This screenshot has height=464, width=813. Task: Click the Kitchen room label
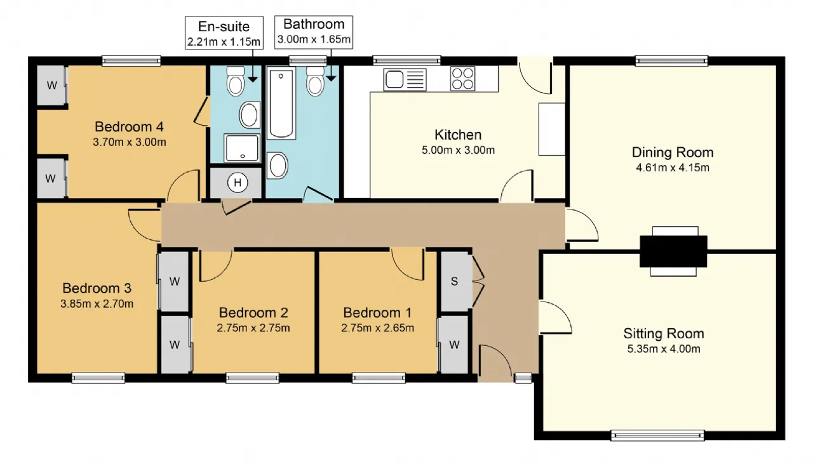[x=458, y=135]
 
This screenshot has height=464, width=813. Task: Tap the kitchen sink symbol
[x=405, y=79]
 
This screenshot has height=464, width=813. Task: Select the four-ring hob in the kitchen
[x=462, y=78]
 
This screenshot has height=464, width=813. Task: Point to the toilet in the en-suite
[x=236, y=81]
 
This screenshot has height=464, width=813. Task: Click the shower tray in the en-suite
[x=242, y=148]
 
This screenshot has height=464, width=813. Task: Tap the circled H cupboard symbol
[x=238, y=182]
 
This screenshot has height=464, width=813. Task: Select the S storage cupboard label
[x=454, y=281]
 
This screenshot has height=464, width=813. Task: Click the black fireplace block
[x=673, y=251]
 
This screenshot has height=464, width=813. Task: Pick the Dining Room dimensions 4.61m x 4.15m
[x=673, y=168]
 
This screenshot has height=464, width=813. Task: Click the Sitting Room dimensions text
[x=664, y=349]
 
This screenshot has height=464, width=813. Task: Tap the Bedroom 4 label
[x=129, y=127]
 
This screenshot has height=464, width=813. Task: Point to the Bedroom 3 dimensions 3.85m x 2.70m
[x=97, y=303]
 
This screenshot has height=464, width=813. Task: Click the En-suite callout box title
[x=224, y=27]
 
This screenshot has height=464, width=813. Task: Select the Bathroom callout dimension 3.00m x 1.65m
[x=314, y=39]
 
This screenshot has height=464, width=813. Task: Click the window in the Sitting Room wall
[x=657, y=435]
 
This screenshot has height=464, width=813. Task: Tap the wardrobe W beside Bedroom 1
[x=454, y=345]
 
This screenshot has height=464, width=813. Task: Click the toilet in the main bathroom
[x=315, y=81]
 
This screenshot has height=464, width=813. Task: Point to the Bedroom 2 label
[x=253, y=313]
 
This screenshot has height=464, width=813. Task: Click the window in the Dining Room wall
[x=671, y=60]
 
